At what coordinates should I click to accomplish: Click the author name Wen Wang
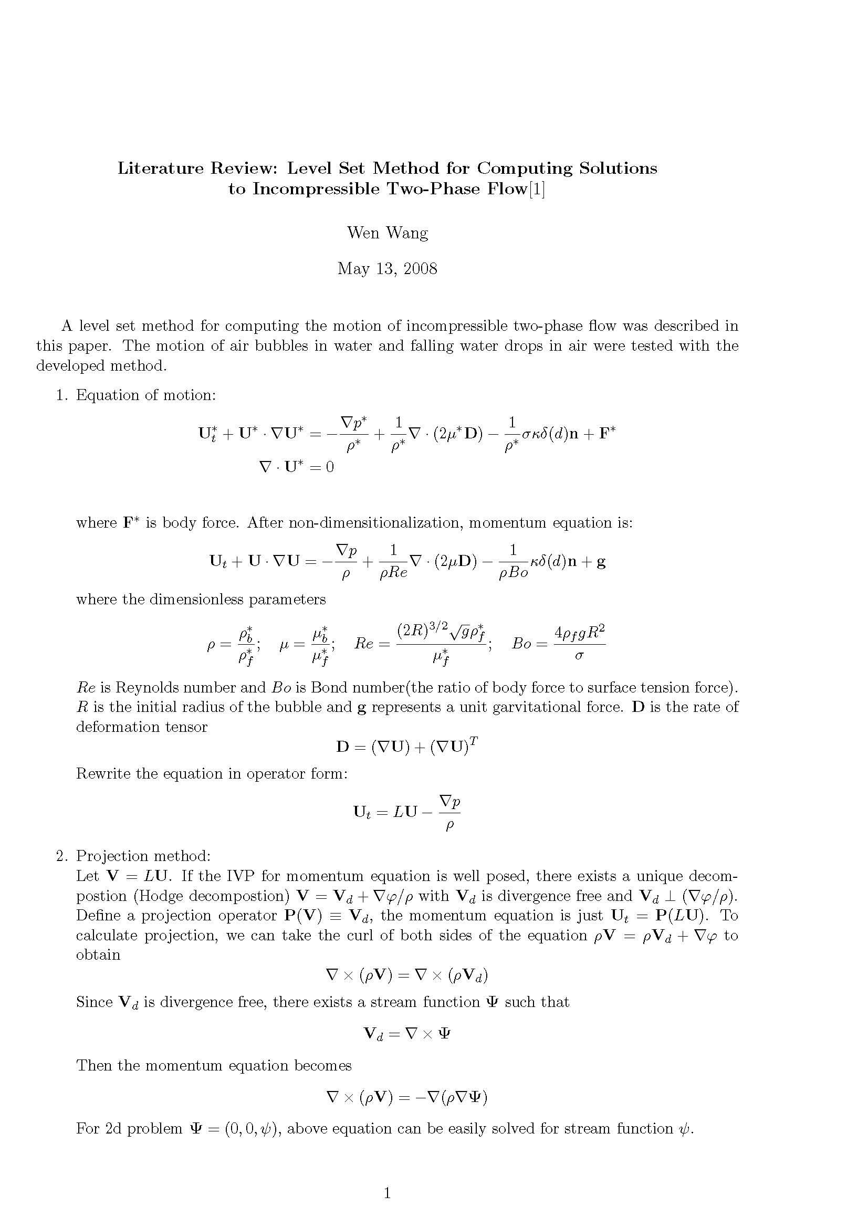[x=387, y=233]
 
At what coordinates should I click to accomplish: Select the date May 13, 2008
[x=387, y=268]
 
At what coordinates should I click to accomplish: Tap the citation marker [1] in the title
[x=537, y=190]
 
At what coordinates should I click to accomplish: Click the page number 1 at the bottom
[x=387, y=1193]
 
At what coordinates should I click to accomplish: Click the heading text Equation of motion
[x=145, y=395]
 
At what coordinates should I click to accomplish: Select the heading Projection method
[x=143, y=856]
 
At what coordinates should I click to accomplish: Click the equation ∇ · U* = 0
[x=296, y=467]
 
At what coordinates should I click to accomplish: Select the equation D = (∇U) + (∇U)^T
[x=406, y=746]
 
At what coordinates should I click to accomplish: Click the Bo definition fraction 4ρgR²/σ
[x=579, y=644]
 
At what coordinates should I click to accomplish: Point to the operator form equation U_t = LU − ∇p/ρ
[x=406, y=812]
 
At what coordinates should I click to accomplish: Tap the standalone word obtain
[x=98, y=954]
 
